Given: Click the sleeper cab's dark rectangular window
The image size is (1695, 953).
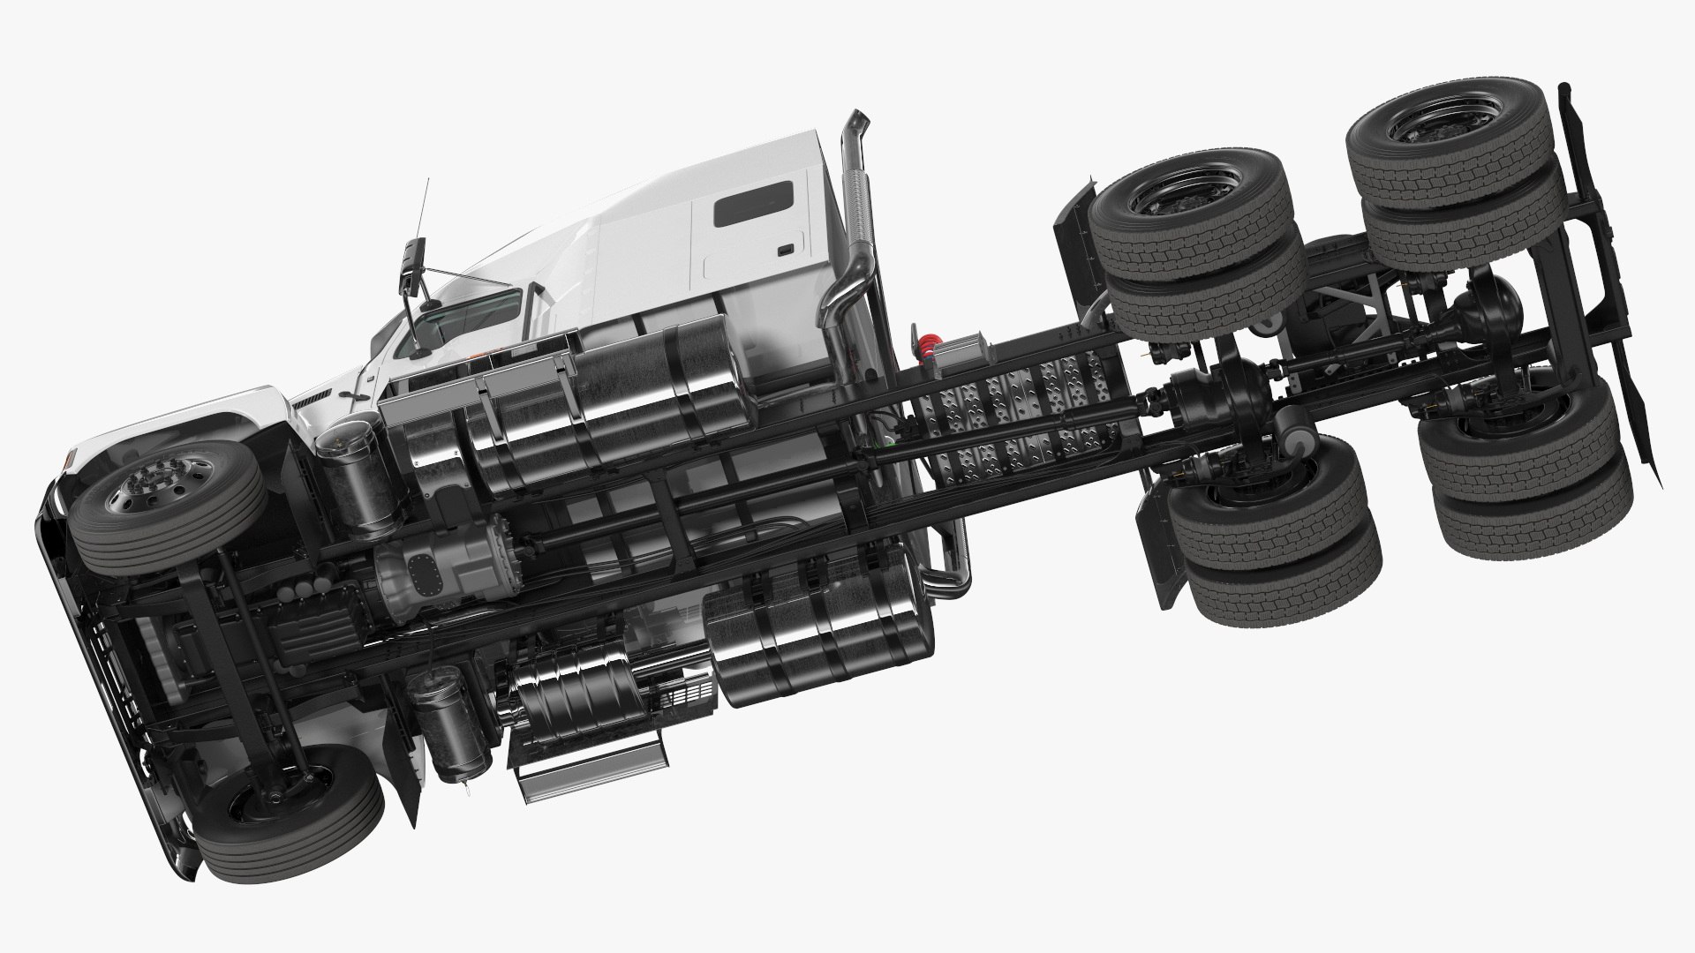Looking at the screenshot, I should [752, 206].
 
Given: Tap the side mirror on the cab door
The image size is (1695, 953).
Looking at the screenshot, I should [412, 266].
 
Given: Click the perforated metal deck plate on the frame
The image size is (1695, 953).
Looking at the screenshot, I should [1006, 410].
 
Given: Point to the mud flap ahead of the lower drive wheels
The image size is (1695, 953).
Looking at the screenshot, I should [1158, 556].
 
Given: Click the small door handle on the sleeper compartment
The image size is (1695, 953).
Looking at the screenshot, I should [784, 251].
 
